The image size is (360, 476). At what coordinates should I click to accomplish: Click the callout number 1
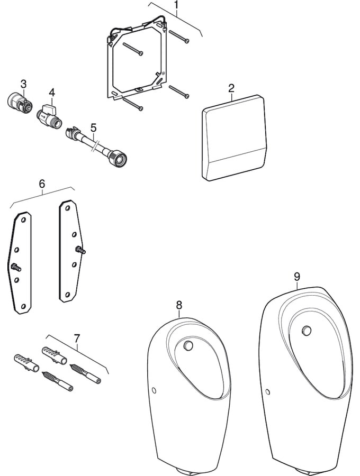[176, 6]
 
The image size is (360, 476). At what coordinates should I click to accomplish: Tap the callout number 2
[231, 88]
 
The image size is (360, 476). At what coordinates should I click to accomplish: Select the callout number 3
[23, 83]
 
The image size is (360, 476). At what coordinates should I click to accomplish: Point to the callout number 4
[52, 92]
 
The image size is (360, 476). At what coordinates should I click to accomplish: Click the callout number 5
[93, 127]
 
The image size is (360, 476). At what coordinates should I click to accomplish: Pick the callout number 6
[42, 184]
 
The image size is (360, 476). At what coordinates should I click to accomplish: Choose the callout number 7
[77, 337]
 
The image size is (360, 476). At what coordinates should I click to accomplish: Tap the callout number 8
[179, 305]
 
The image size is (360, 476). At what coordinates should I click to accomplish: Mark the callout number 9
[297, 276]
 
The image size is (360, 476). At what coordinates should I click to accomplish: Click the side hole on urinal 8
[154, 390]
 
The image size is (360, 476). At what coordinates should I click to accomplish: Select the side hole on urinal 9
[267, 392]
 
